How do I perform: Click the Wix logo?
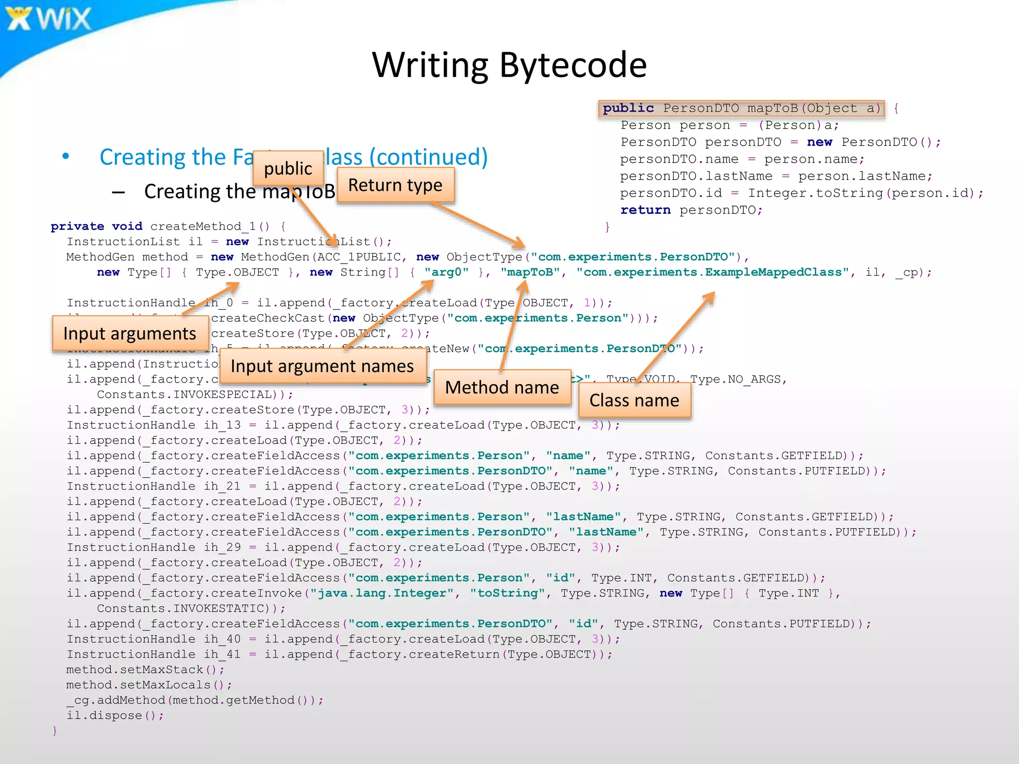coord(49,19)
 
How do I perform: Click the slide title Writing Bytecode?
coord(509,65)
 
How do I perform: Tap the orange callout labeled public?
coord(288,168)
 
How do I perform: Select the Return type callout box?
coord(396,185)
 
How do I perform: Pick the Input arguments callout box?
coord(130,333)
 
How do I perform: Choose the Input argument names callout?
coord(322,366)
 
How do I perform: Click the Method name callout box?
coord(502,387)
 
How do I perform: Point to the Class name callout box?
coord(634,400)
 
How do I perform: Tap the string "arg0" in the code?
coord(446,273)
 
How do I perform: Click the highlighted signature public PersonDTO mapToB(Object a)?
coord(741,108)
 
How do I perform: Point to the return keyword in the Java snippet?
coord(645,210)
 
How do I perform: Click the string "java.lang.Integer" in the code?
coord(382,593)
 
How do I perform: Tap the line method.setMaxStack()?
coord(145,670)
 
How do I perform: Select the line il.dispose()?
coord(115,716)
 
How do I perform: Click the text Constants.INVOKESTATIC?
coord(180,609)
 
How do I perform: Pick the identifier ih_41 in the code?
coord(222,655)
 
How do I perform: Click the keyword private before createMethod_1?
coord(77,227)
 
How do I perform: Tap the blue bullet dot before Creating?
coord(66,157)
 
